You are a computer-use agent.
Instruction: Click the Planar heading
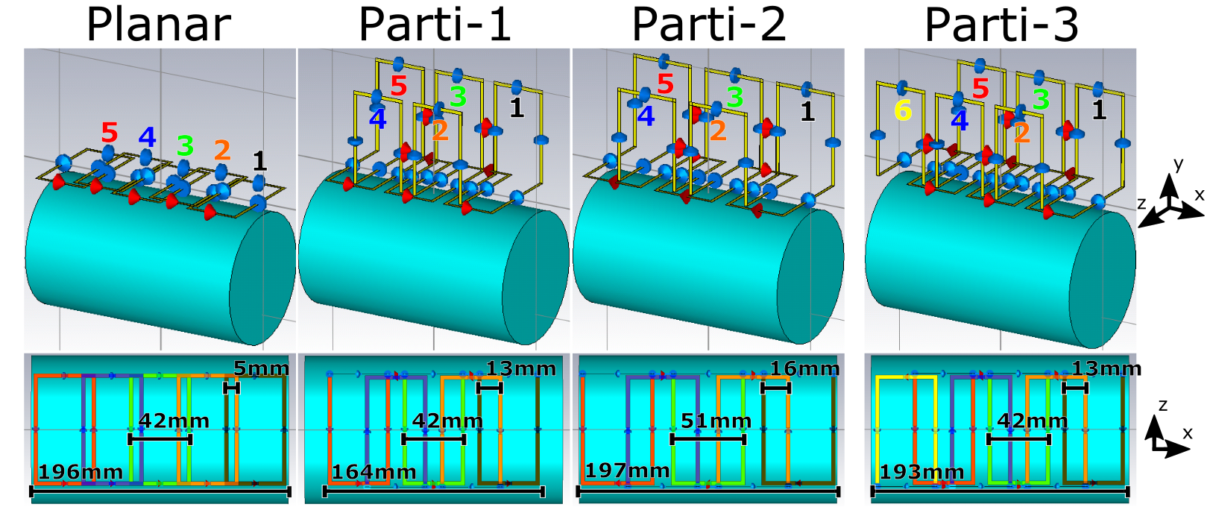[x=159, y=25]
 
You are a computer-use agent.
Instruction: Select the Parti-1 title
[x=435, y=25]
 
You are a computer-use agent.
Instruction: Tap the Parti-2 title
[x=708, y=25]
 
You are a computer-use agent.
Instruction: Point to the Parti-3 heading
[x=1001, y=25]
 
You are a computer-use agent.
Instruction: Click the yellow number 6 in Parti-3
[x=903, y=111]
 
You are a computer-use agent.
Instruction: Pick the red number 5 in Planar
[x=110, y=133]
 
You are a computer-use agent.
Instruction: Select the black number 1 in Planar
[x=259, y=161]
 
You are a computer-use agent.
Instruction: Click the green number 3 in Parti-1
[x=458, y=97]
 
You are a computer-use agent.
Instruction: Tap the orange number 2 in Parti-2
[x=718, y=130]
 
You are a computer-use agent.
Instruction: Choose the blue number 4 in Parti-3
[x=960, y=120]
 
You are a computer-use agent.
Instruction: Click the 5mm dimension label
[x=261, y=368]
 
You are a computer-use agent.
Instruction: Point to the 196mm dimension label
[x=81, y=472]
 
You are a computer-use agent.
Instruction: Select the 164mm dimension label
[x=374, y=472]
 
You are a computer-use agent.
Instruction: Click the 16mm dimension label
[x=804, y=368]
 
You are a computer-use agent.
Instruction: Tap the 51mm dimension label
[x=716, y=421]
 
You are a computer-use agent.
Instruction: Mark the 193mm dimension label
[x=921, y=472]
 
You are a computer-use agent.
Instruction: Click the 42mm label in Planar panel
[x=174, y=421]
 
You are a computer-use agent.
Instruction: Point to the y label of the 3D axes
[x=1179, y=164]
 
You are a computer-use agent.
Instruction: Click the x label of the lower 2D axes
[x=1187, y=432]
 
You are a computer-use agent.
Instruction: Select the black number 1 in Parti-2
[x=807, y=112]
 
